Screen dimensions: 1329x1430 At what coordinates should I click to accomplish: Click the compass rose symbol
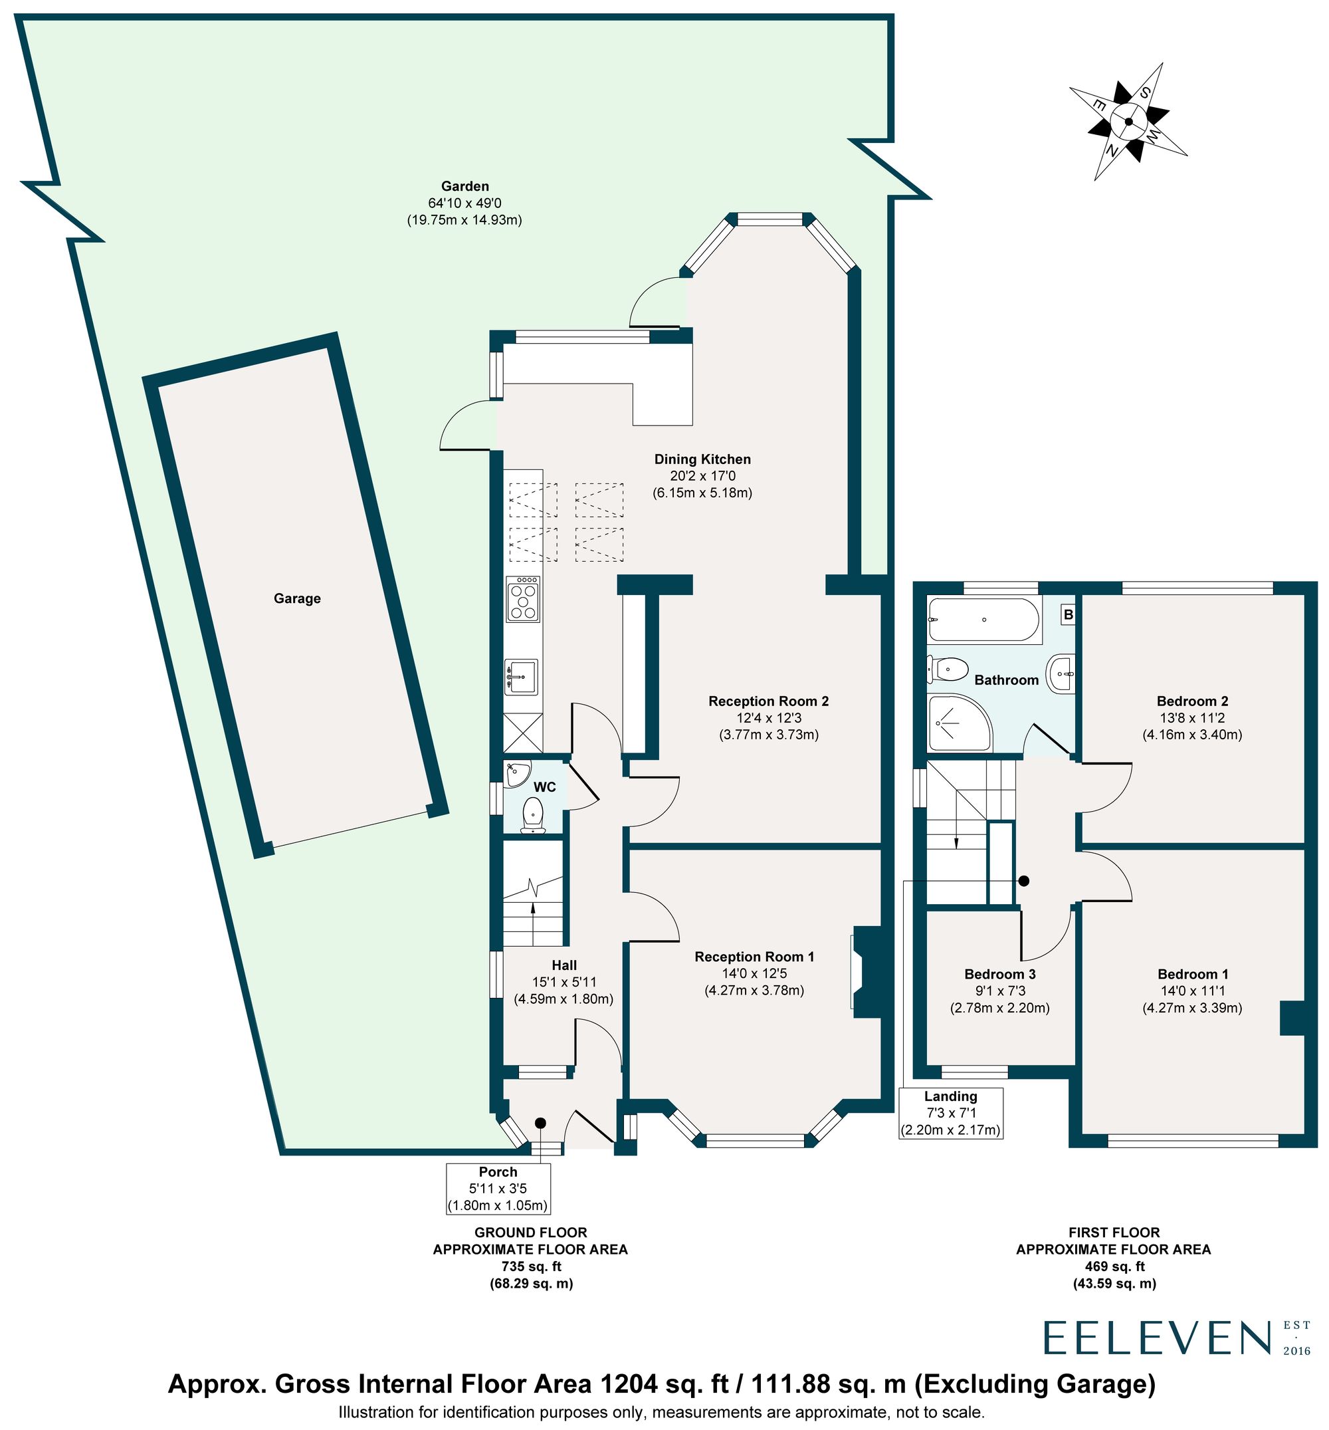click(x=1128, y=122)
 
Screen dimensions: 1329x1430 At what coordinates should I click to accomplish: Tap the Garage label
click(x=297, y=598)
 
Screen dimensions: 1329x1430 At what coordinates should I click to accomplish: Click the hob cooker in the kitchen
click(x=524, y=598)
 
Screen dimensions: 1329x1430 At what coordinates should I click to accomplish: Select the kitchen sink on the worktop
click(x=521, y=677)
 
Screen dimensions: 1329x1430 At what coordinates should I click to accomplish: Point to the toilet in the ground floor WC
click(x=533, y=814)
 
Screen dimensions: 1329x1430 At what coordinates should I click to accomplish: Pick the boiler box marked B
click(x=1068, y=615)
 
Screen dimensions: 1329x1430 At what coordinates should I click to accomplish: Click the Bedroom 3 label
click(x=999, y=974)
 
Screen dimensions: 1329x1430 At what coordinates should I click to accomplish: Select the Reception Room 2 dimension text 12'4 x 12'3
click(x=769, y=718)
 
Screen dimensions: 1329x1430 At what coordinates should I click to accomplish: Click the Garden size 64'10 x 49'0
click(x=464, y=203)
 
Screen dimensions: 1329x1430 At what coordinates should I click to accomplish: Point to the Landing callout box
click(x=951, y=1113)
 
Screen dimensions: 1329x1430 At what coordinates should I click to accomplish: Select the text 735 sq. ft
click(x=531, y=1266)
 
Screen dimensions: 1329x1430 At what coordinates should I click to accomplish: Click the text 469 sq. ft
click(x=1114, y=1266)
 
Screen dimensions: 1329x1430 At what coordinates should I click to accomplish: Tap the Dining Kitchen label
click(x=702, y=459)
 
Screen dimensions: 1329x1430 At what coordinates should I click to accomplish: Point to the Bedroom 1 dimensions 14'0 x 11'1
click(x=1192, y=991)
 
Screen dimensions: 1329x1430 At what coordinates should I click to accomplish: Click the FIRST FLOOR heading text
click(x=1114, y=1232)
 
